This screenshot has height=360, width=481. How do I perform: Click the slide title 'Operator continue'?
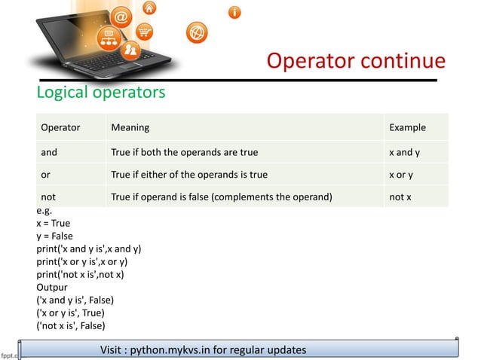(x=356, y=60)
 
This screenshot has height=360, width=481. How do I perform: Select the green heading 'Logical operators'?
(x=101, y=93)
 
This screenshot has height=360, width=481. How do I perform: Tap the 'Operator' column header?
(x=60, y=127)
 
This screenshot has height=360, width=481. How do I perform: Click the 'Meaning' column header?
(x=130, y=127)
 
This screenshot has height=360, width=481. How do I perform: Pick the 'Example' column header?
(x=407, y=127)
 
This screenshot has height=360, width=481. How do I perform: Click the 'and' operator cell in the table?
(x=49, y=151)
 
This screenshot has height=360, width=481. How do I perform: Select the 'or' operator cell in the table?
(x=46, y=175)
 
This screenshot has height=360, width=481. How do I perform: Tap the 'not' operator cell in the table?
(x=48, y=197)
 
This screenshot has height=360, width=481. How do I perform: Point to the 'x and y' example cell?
(x=404, y=151)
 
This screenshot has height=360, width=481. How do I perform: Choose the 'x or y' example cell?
(x=400, y=175)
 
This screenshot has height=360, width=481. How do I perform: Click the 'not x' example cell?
(x=400, y=197)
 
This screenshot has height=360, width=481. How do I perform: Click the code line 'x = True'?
(x=54, y=224)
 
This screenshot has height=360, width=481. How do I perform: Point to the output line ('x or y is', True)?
(x=70, y=313)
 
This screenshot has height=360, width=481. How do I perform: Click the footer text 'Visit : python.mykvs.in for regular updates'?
(x=203, y=349)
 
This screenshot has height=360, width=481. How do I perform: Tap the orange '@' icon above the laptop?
(x=123, y=16)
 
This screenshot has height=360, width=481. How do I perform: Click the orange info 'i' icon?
(x=235, y=12)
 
